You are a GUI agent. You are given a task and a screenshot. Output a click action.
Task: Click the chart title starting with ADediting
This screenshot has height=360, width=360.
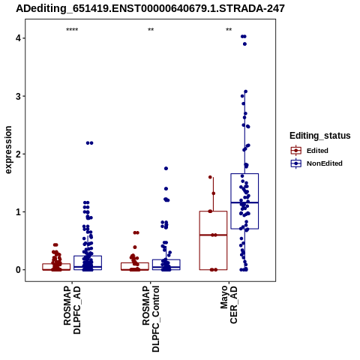(x=150, y=8)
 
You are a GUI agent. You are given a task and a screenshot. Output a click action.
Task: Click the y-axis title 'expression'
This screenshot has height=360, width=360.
(x=8, y=150)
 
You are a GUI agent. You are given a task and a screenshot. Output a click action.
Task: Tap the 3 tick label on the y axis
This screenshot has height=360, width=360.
(x=19, y=96)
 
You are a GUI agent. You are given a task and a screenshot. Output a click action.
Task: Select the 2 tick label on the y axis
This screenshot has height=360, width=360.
(x=19, y=154)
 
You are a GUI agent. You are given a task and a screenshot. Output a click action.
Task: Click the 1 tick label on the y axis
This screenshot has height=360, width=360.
(x=19, y=212)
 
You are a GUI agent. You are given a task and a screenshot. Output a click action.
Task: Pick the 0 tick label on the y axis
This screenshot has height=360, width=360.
(x=19, y=270)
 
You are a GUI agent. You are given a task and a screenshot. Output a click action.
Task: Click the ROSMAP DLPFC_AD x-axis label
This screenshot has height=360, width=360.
(x=72, y=310)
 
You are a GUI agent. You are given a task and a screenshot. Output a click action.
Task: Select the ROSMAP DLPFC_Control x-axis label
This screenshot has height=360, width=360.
(x=151, y=319)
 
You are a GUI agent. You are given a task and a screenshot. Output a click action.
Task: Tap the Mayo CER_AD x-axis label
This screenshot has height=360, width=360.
(x=229, y=304)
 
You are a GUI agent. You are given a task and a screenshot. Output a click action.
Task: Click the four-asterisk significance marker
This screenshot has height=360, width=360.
(x=72, y=30)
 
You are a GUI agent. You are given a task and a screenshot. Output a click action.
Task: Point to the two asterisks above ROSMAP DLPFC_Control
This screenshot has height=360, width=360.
(x=151, y=30)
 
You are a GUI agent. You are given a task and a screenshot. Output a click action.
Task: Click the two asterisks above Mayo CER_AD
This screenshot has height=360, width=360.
(x=229, y=30)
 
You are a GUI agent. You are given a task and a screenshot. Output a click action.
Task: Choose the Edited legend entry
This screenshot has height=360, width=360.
(x=309, y=151)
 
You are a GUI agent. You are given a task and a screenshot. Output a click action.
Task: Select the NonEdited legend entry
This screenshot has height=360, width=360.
(x=316, y=163)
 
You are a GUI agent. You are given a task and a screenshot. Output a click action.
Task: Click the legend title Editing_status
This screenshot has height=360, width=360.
(x=320, y=136)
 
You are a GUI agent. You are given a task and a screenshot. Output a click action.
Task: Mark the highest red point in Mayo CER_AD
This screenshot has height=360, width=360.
(x=210, y=177)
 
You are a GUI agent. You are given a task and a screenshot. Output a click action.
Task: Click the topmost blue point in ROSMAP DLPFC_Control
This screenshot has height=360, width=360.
(x=166, y=169)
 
